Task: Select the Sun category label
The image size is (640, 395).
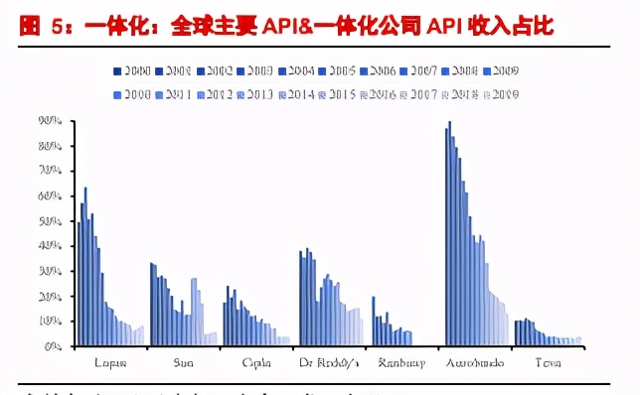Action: [184, 362]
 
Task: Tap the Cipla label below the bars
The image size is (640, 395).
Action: [256, 362]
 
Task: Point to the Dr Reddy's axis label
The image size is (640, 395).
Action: [329, 362]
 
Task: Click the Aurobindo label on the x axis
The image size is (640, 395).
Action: [475, 362]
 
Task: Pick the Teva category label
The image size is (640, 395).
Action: [548, 362]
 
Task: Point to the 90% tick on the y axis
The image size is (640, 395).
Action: [51, 121]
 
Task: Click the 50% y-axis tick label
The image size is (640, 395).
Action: [51, 221]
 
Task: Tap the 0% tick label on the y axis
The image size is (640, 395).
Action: [54, 347]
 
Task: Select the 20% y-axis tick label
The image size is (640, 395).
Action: [51, 297]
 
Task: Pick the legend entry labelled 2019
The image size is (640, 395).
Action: [500, 93]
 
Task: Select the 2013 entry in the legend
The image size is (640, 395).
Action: [255, 93]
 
